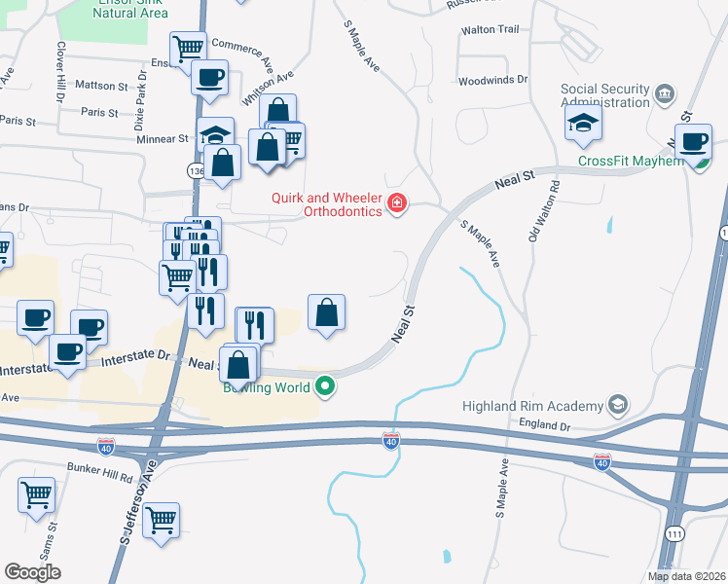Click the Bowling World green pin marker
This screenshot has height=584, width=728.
326,387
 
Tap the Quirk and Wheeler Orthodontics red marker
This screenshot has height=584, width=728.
397,203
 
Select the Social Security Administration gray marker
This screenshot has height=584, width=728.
665,93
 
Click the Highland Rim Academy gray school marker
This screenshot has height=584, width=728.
616,403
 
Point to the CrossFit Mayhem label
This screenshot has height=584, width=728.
631,161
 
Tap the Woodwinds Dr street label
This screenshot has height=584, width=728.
492,80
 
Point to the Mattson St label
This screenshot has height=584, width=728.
101,86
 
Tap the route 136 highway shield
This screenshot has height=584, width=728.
197,170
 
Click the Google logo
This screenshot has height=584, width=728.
32,572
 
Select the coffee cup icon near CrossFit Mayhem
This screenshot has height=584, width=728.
694,142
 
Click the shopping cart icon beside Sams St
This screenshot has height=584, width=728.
36,494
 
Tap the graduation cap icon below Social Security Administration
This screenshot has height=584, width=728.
583,122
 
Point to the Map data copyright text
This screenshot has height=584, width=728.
686,576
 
